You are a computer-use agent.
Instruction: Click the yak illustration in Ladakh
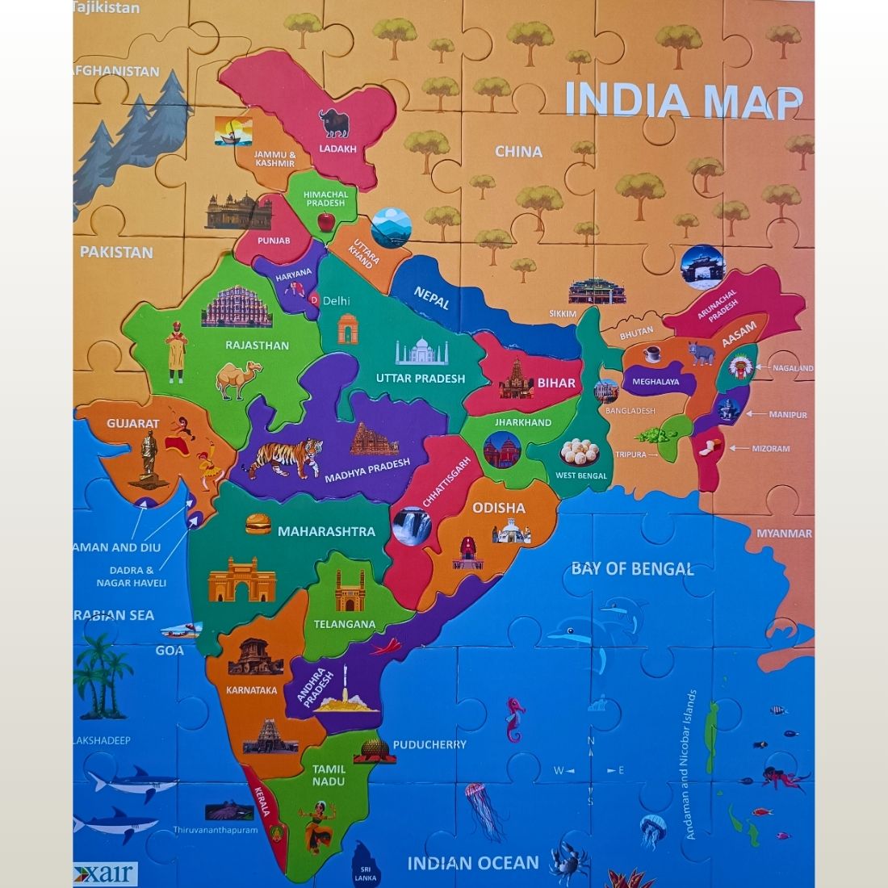(335, 123)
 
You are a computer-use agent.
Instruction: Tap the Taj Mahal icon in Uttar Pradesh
(421, 352)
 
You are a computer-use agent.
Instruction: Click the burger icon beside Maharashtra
(258, 524)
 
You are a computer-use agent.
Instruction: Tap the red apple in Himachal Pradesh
(325, 221)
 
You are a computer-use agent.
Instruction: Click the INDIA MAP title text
(683, 100)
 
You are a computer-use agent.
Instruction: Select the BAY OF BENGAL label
(632, 568)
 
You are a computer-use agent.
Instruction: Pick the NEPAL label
(432, 298)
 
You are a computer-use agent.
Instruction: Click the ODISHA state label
(499, 508)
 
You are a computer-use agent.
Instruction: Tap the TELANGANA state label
(345, 624)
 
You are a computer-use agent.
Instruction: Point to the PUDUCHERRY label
(429, 744)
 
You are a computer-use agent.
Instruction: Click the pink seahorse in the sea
(515, 718)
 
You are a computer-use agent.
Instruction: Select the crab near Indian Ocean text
(568, 858)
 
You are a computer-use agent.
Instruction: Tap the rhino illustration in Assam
(702, 353)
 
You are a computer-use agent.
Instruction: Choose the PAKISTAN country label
(116, 252)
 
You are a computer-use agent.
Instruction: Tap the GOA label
(170, 650)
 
